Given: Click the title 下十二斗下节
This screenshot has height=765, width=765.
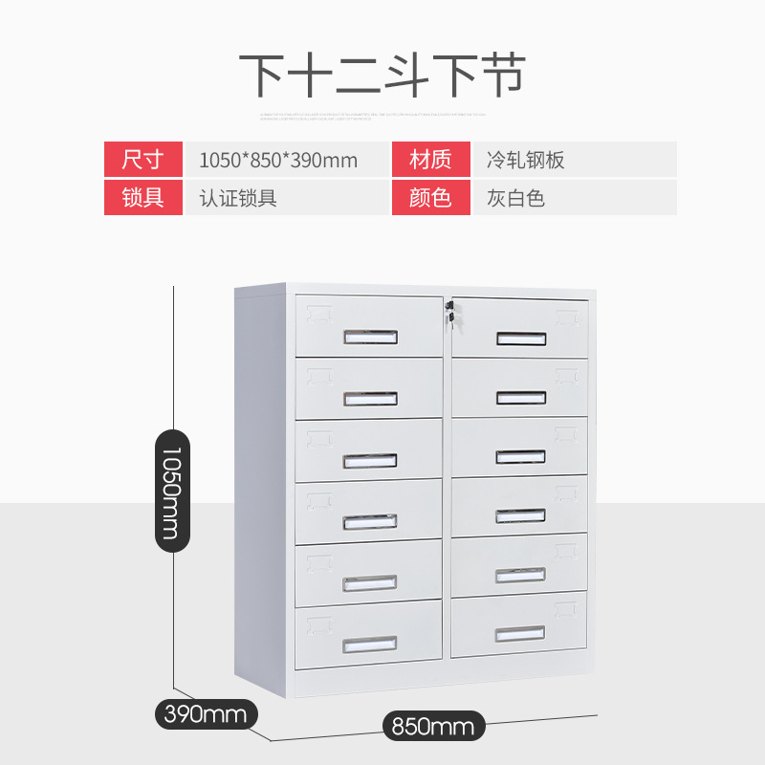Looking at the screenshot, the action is tap(382, 74).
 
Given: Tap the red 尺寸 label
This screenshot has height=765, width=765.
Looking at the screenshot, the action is tap(143, 160).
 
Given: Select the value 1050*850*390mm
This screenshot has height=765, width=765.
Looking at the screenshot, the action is tap(278, 160).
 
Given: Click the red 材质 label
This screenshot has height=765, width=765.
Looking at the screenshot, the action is tap(430, 160).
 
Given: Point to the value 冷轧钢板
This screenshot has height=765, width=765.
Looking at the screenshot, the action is tap(525, 160).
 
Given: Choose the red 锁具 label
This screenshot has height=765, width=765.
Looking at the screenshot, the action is tap(143, 198).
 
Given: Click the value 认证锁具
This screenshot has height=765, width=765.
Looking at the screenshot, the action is tap(238, 198).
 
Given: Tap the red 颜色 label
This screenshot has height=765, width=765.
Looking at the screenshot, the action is tap(430, 198).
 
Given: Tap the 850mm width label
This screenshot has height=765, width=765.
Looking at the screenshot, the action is tap(432, 726).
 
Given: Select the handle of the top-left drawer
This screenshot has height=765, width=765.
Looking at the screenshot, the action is tap(370, 337).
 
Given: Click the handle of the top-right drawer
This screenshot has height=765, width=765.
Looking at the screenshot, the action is tap(521, 339).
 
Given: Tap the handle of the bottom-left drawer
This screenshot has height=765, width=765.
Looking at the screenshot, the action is tap(369, 645).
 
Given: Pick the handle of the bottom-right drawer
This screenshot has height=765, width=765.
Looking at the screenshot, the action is tap(520, 633).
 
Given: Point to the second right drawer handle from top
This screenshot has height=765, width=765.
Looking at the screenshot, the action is tap(521, 398).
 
